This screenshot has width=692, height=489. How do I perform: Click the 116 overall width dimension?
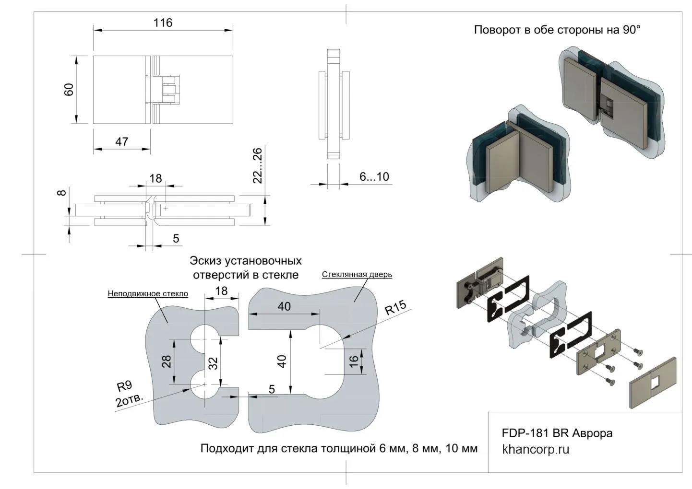(163, 23)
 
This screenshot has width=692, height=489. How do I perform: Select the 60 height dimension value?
(69, 90)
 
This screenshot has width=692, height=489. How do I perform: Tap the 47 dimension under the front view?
(121, 141)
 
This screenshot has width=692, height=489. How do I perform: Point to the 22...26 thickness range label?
(258, 165)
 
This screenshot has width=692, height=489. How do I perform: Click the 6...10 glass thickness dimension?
(374, 176)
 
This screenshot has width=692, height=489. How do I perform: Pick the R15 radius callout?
(395, 307)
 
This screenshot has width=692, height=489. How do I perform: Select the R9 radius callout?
(124, 386)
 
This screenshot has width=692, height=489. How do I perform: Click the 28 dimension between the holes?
(167, 361)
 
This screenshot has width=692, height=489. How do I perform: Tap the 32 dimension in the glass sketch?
(214, 363)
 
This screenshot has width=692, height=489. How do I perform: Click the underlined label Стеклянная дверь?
(357, 275)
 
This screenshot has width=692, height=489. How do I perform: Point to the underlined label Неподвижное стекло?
(148, 293)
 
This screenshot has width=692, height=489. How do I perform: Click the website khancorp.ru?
(535, 450)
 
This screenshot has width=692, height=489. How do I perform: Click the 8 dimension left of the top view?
(61, 193)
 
